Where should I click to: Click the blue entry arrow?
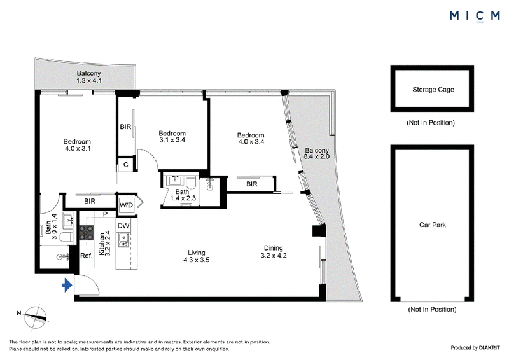pos(67,286)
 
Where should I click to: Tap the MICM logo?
pos(475,15)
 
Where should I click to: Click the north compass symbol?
pos(36,317)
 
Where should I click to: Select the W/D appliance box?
pos(126,205)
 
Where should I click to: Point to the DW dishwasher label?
pos(123,226)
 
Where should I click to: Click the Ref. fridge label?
pos(86,256)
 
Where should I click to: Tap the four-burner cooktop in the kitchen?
pos(87,233)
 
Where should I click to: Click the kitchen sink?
pos(123,240)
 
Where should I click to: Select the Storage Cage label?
pos(433,89)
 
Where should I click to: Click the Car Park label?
pos(433,225)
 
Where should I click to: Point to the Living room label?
pos(197,256)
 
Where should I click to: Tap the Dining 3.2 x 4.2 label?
pos(274,252)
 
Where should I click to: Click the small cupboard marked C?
pos(126,165)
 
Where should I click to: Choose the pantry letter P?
pos(105,214)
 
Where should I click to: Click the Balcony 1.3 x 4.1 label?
pos(88,77)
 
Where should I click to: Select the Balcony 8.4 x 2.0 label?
pos(316,153)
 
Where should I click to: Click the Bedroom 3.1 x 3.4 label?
pos(172,137)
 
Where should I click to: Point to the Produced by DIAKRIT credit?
pos(475,348)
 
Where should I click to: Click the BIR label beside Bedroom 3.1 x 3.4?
pos(125,127)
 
